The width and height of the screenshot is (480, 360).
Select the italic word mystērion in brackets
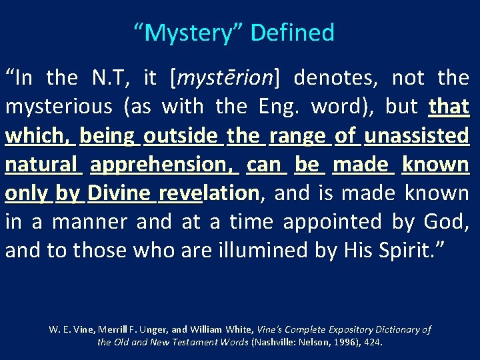(x=226, y=79)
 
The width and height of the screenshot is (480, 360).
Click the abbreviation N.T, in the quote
(x=111, y=79)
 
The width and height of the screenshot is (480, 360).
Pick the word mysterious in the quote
(x=59, y=107)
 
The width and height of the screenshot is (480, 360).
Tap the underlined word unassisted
(x=417, y=136)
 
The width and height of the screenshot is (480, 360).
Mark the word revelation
(x=209, y=193)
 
